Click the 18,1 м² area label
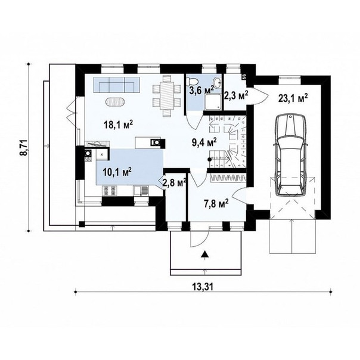[118, 125]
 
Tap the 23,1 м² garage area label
[293, 98]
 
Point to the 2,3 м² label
[236, 95]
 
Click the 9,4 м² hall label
[204, 142]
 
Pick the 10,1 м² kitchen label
[117, 172]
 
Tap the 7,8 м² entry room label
[216, 203]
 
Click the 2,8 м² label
[174, 183]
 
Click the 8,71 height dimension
[23, 147]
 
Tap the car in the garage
[291, 155]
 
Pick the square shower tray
[213, 102]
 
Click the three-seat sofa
[117, 85]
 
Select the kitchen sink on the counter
[141, 191]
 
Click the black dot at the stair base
[209, 159]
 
